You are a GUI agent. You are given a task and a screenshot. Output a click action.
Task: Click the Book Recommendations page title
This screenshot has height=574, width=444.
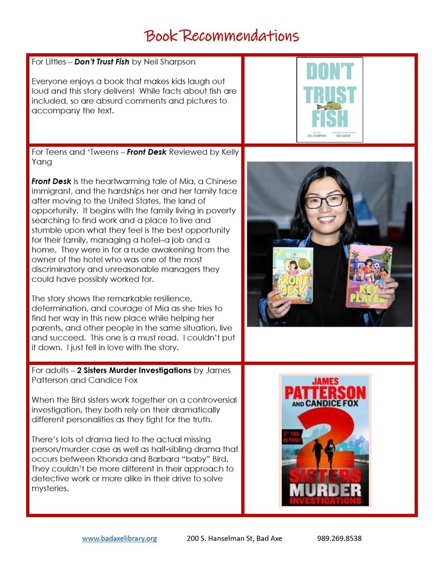pyautogui.click(x=222, y=36)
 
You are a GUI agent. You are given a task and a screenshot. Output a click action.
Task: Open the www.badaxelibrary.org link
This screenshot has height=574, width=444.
pyautogui.click(x=119, y=538)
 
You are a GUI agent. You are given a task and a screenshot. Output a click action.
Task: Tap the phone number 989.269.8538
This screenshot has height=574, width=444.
pyautogui.click(x=340, y=538)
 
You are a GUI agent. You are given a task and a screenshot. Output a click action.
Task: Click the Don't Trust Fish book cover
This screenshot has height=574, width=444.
pyautogui.click(x=330, y=100)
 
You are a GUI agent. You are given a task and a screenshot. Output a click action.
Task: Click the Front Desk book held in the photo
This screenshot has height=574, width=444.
pyautogui.click(x=293, y=272)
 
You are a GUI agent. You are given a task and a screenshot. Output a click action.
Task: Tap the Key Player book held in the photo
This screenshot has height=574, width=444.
pyautogui.click(x=368, y=275)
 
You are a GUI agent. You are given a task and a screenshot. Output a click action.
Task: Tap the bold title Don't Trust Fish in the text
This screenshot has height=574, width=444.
pyautogui.click(x=103, y=62)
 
